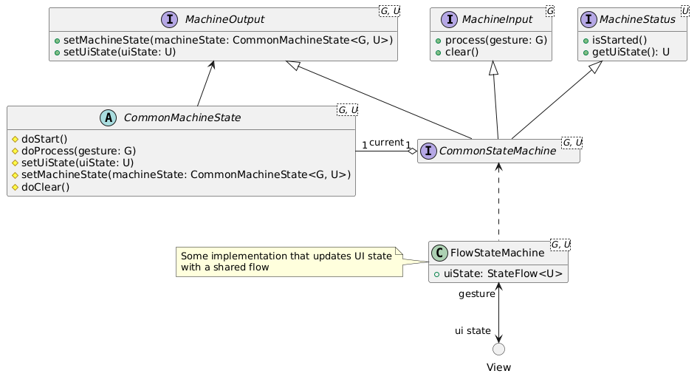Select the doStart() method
tap(44, 138)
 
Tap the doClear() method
tap(46, 187)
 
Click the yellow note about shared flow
tap(288, 262)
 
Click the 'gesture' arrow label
tap(476, 294)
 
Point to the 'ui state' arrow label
tap(473, 331)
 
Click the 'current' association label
tap(385, 142)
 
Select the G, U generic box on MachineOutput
tap(388, 10)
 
